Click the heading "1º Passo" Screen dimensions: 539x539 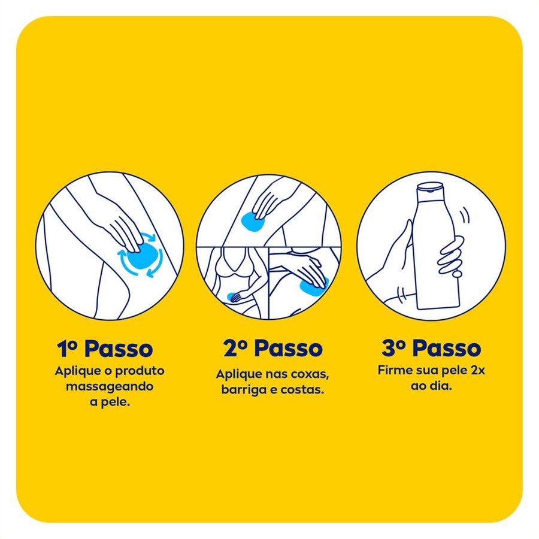pyautogui.click(x=105, y=349)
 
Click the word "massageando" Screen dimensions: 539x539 pyautogui.click(x=110, y=387)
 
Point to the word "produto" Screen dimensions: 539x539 pyautogui.click(x=140, y=371)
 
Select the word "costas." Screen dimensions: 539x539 pyautogui.click(x=302, y=390)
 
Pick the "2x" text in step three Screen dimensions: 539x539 pyautogui.click(x=477, y=371)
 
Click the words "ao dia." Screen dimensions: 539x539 pyautogui.click(x=431, y=386)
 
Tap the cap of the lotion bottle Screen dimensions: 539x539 pyautogui.click(x=430, y=187)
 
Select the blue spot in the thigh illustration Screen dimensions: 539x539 pyautogui.click(x=253, y=222)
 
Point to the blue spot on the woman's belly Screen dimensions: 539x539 pyautogui.click(x=232, y=296)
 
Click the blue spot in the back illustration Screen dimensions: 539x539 pyautogui.click(x=313, y=287)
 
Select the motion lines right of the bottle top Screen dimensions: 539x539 pyautogui.click(x=465, y=215)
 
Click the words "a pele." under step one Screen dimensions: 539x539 pyautogui.click(x=110, y=402)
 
